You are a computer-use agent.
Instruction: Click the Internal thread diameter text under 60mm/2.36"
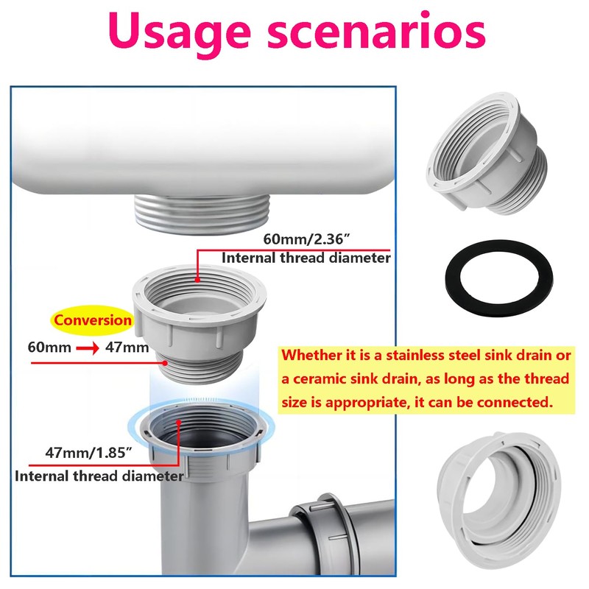(x=306, y=258)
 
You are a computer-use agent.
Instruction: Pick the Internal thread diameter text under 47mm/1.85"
(x=99, y=476)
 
